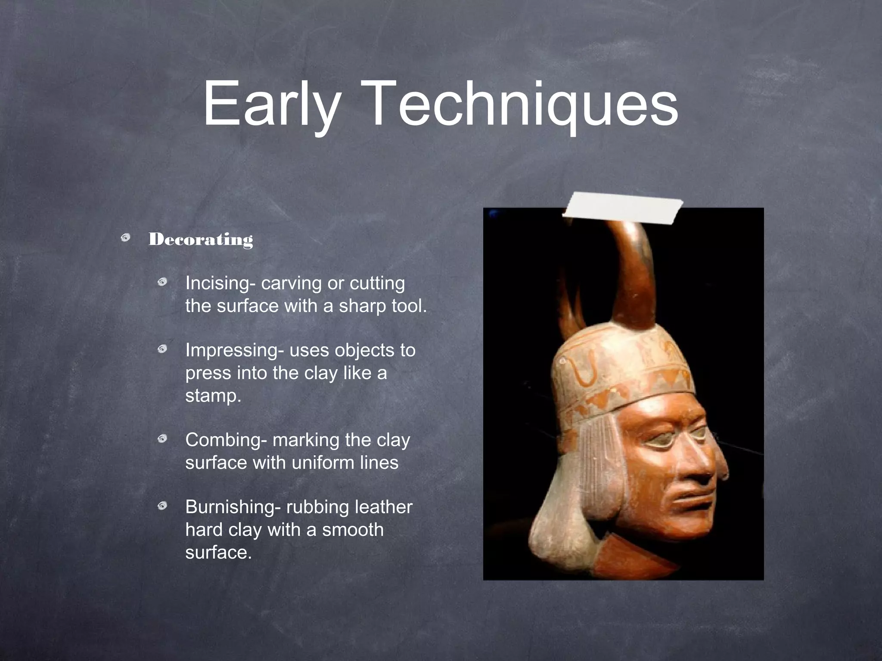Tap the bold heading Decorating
[201, 239]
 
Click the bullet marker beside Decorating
[126, 238]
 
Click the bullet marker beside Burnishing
[162, 506]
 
